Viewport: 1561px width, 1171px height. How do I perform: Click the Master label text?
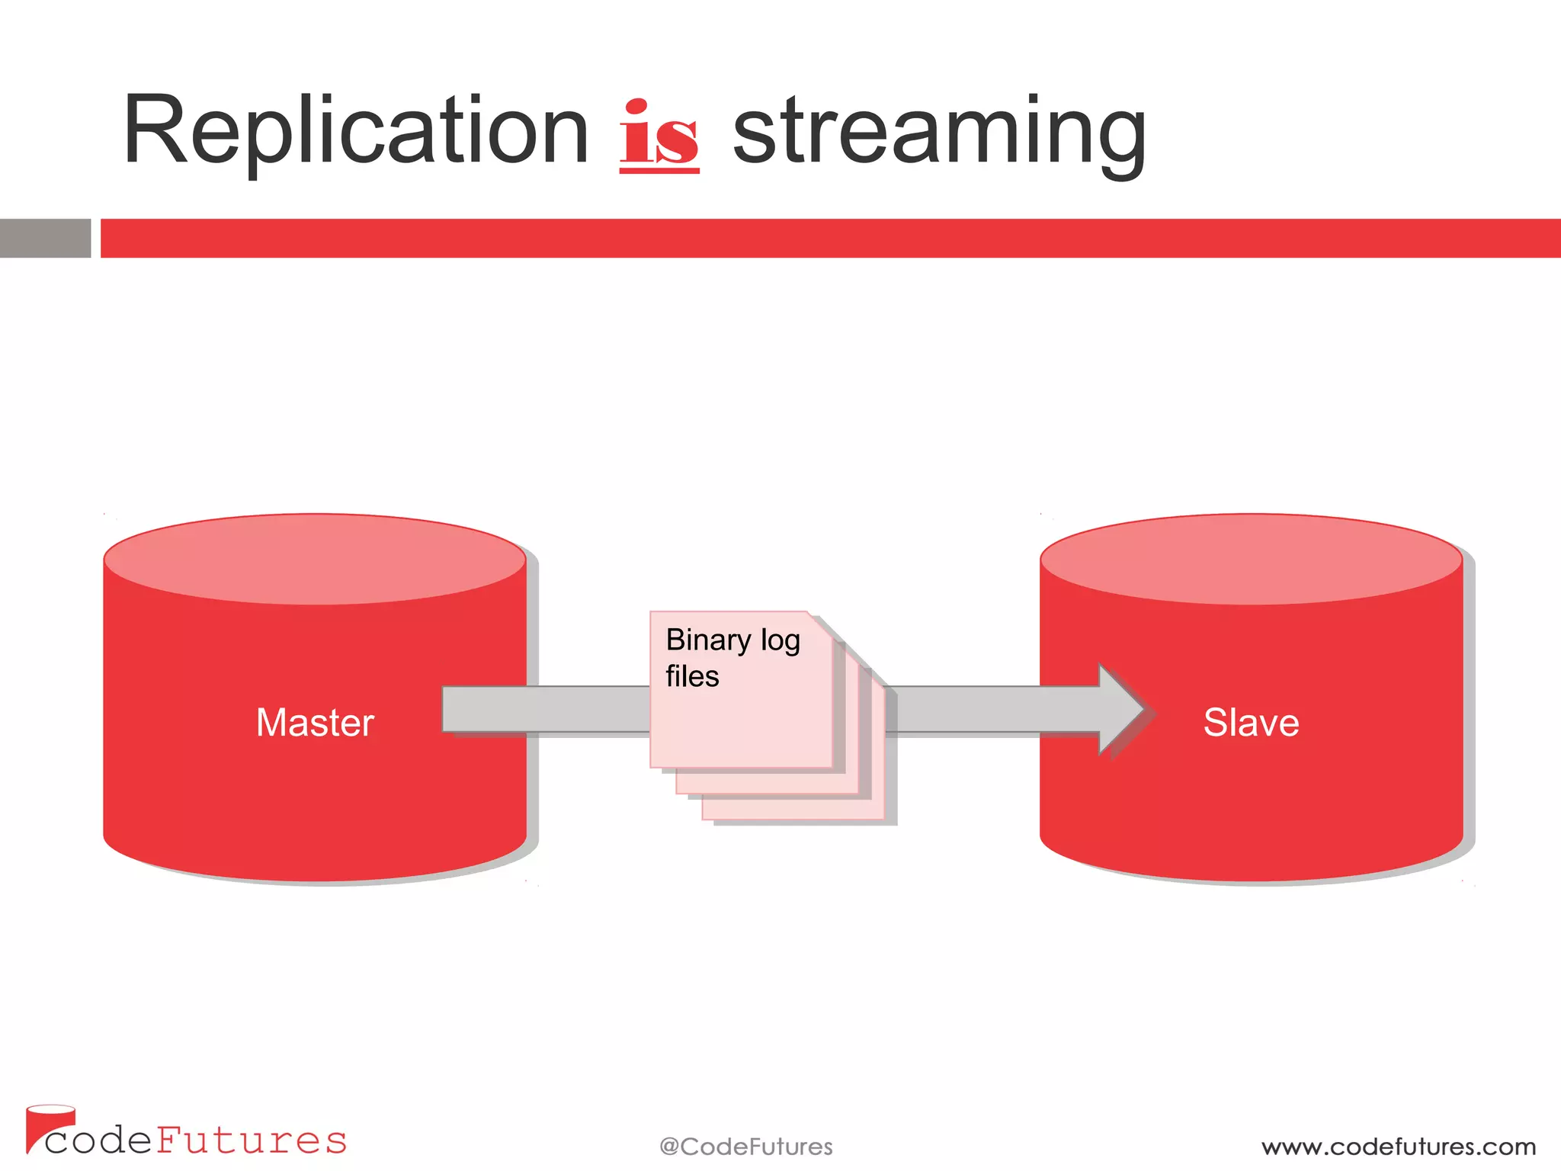pos(315,723)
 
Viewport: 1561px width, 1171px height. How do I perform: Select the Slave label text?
pos(1251,723)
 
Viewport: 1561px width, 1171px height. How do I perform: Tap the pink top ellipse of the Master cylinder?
pos(315,560)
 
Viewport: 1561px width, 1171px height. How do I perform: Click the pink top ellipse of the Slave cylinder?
pos(1251,560)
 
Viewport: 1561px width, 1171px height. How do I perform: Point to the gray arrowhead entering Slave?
pos(1120,710)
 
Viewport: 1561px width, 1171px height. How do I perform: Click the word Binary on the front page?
pos(708,640)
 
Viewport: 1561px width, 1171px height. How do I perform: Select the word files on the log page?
pos(692,677)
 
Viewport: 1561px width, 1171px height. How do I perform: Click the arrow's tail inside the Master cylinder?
pos(483,710)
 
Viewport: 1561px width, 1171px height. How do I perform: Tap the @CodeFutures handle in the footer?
pos(745,1147)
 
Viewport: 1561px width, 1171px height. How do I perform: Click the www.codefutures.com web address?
pos(1398,1147)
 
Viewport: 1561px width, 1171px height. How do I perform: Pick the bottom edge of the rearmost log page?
pos(793,820)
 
